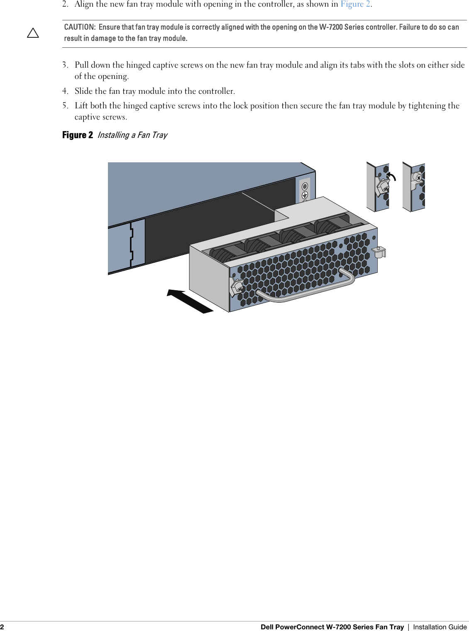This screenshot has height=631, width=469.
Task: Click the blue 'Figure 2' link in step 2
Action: click(356, 4)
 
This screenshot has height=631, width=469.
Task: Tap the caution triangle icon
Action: click(33, 33)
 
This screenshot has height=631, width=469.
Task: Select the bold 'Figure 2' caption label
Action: click(77, 135)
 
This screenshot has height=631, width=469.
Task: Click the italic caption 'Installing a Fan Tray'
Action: click(132, 135)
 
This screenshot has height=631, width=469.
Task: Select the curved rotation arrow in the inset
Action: click(391, 176)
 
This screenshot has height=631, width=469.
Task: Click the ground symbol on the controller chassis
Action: click(305, 195)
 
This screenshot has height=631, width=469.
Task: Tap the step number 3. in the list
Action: click(65, 65)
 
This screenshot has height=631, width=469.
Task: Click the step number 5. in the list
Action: click(65, 106)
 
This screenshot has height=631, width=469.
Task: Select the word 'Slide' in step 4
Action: click(83, 91)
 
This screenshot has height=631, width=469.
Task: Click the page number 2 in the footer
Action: click(2, 627)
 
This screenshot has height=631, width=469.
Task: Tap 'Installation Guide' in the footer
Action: click(440, 627)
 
